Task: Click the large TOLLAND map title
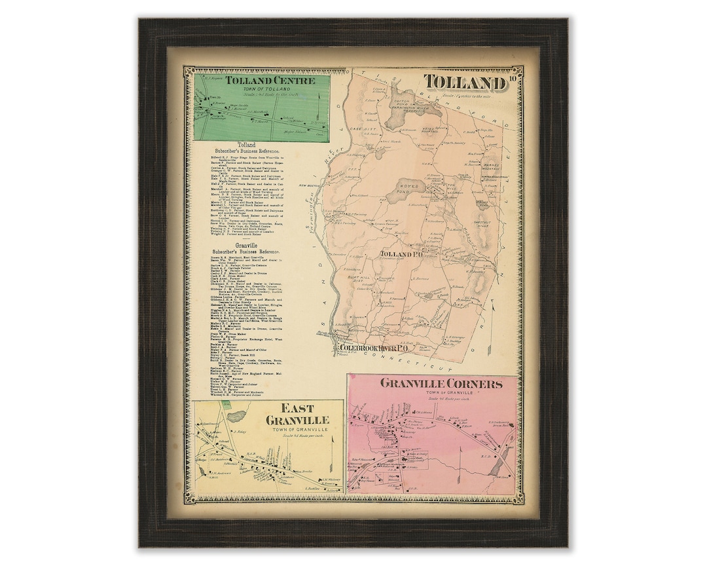point(464,83)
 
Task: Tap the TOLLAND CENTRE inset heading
point(269,81)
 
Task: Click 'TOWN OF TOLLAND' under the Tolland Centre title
point(269,90)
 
